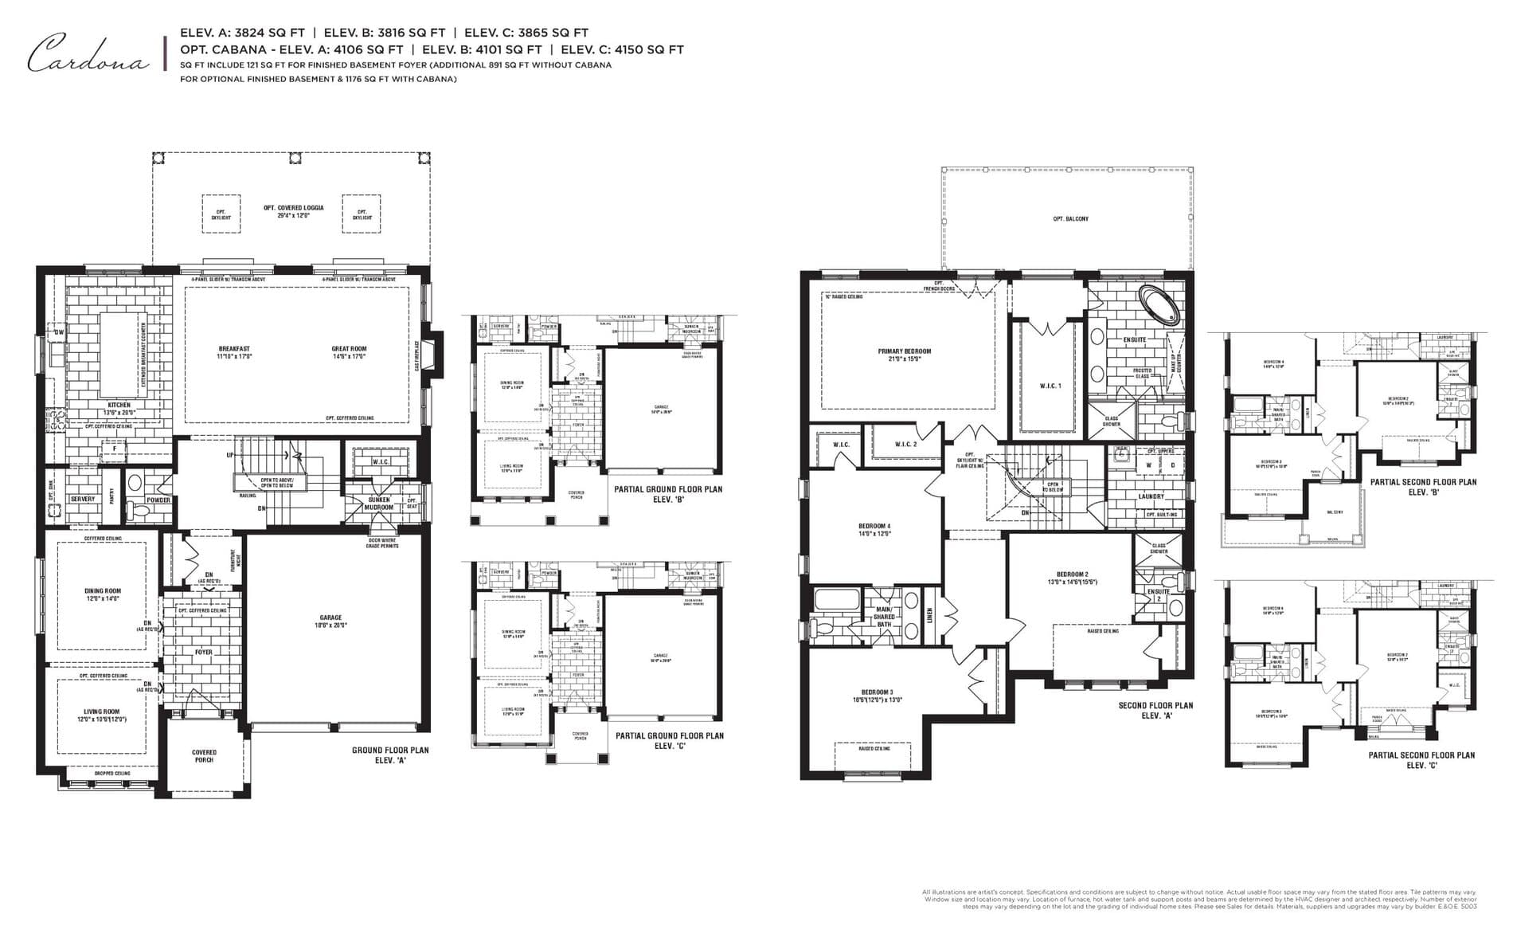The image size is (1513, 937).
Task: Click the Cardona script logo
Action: coord(88,54)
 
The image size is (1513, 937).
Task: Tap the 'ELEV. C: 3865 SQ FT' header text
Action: coord(526,33)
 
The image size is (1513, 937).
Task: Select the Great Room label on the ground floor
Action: coord(349,352)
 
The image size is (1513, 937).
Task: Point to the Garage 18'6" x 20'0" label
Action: coord(330,621)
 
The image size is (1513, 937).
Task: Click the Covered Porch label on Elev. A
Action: coord(204,755)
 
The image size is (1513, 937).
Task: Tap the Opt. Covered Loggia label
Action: coord(293,211)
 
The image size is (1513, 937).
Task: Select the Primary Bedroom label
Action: coord(904,355)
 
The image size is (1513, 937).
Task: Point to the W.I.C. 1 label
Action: coord(1050,386)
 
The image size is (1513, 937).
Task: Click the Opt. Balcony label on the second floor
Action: coord(1070,218)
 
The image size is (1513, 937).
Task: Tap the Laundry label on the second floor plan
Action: coord(1151,496)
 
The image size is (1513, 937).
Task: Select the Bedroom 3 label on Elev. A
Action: coord(877,696)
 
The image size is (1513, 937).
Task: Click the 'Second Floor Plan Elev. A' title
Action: coord(1155,710)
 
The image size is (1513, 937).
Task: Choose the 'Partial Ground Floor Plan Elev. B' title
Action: coord(668,494)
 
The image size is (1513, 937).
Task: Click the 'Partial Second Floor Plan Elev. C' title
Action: coord(1421,759)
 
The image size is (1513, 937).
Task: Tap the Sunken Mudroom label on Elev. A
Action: coord(379,504)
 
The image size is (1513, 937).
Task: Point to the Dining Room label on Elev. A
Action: coord(103,594)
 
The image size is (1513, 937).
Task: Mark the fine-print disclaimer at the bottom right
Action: coord(1199,899)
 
